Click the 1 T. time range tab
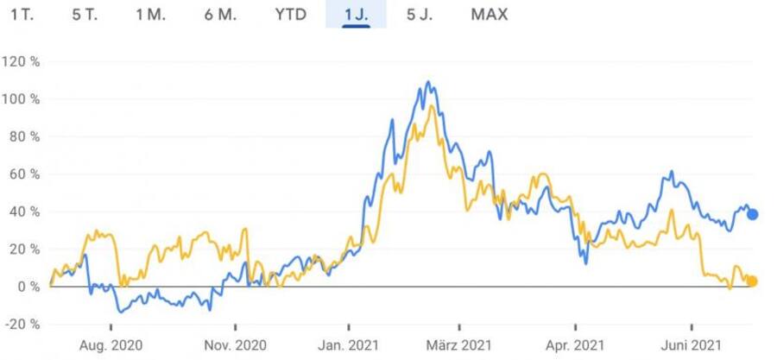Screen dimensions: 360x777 [22, 15]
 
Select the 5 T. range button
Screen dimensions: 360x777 [85, 15]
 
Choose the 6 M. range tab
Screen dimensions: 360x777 [221, 15]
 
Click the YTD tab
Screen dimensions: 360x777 [290, 15]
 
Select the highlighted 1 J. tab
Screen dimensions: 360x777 [356, 15]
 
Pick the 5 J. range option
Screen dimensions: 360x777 [421, 15]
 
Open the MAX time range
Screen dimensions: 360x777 [490, 15]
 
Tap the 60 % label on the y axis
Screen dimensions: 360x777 [24, 174]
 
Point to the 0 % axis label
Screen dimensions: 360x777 [28, 287]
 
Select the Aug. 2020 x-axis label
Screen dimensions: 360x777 [112, 345]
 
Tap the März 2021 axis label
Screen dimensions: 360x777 [460, 345]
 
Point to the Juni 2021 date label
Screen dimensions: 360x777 [692, 345]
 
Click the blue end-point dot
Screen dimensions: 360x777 [752, 214]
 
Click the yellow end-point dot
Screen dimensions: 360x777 [752, 281]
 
